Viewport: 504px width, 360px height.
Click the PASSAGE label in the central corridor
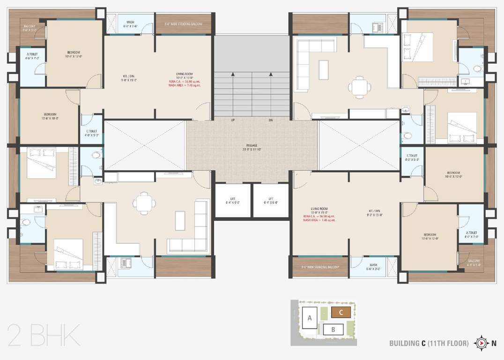[252, 145]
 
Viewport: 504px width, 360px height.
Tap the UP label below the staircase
[233, 120]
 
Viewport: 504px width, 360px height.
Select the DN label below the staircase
[271, 120]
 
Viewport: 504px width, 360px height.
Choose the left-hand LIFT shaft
[233, 201]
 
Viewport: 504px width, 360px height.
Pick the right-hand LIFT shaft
[271, 201]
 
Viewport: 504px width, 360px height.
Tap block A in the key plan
[310, 318]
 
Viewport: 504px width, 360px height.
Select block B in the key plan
[333, 329]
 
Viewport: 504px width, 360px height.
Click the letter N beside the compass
[494, 343]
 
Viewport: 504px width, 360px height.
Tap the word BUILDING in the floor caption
[404, 344]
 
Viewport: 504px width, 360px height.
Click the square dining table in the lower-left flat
[144, 202]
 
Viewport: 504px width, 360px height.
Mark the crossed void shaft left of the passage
[145, 145]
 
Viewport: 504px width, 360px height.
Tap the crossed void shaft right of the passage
[359, 145]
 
